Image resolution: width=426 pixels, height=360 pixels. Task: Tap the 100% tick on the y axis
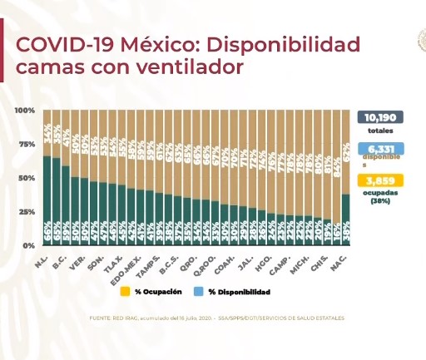tap(24, 111)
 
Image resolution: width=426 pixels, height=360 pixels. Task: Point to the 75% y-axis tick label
tap(26, 144)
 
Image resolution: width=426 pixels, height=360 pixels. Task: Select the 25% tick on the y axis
tap(26, 212)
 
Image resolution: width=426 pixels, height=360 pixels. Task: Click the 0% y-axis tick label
tap(28, 245)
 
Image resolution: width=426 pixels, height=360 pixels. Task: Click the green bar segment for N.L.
tap(47, 200)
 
